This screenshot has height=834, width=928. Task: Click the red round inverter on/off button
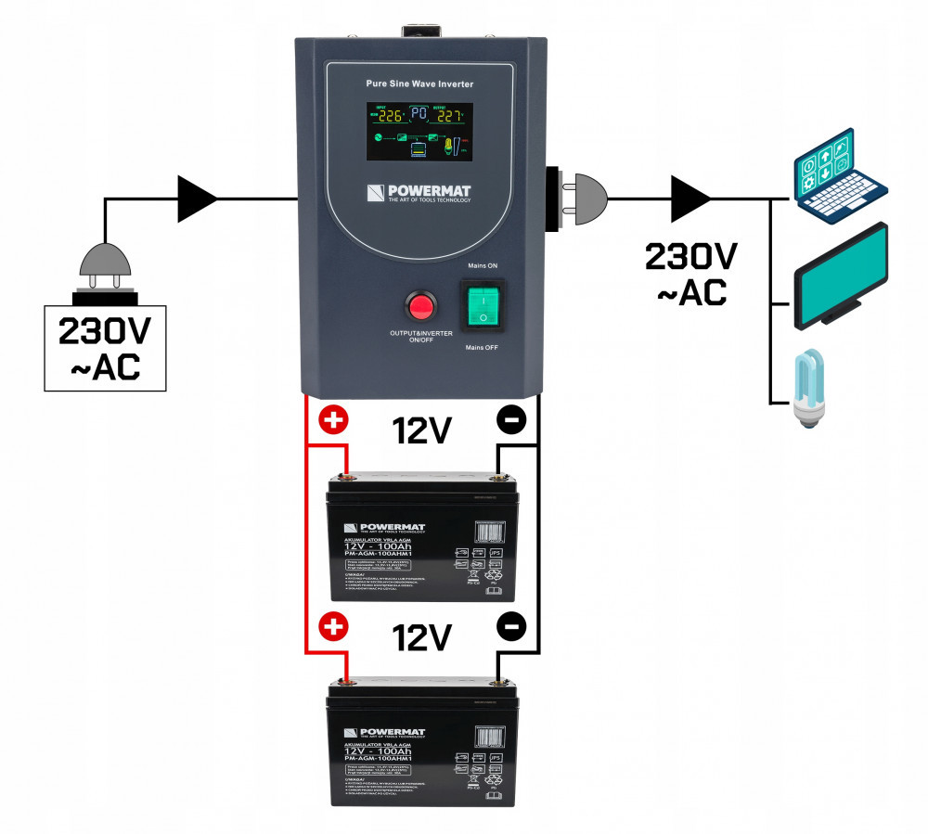click(422, 306)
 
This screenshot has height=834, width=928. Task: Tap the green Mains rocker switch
click(482, 303)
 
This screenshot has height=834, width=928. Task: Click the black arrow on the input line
click(197, 199)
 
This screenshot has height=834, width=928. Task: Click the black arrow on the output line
click(691, 199)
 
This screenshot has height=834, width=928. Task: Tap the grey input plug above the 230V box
click(106, 270)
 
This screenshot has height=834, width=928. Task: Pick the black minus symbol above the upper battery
click(511, 420)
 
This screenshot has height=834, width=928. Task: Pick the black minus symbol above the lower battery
click(511, 627)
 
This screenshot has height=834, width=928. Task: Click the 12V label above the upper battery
click(421, 430)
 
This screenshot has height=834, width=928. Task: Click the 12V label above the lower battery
click(421, 637)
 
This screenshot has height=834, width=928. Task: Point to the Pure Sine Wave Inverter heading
click(420, 84)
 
